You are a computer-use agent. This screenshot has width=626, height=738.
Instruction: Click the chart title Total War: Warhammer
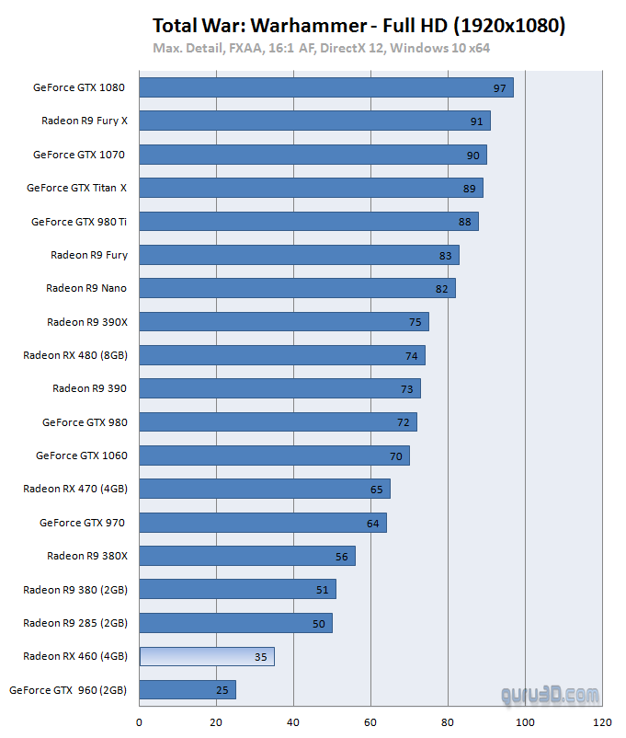tap(359, 26)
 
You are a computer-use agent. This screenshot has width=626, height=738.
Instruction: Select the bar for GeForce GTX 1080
tap(326, 87)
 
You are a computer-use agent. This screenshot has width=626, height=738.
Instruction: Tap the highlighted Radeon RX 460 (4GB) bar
tap(207, 656)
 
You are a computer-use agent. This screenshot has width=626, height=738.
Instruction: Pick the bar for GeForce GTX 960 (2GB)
tap(188, 689)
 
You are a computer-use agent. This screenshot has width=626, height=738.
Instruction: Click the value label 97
tap(500, 88)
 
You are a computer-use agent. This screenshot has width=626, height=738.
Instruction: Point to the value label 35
tap(261, 657)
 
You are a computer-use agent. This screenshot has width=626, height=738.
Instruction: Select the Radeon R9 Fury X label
tap(84, 121)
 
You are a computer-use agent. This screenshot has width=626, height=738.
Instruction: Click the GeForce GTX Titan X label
tap(76, 188)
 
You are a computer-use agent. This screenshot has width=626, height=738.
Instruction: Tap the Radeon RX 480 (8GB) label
tap(75, 355)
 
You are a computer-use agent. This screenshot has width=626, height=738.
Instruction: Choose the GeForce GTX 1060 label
tap(81, 455)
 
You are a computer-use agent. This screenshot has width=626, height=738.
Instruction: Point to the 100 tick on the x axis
tap(525, 722)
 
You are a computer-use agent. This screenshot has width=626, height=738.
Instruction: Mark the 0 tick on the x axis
tap(140, 722)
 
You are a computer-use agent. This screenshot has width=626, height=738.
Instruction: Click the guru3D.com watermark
tap(551, 697)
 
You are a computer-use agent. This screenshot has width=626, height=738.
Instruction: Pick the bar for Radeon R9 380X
tap(247, 556)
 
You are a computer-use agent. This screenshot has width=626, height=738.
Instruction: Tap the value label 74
tap(412, 356)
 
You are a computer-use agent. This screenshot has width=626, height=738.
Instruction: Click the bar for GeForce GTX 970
tap(263, 523)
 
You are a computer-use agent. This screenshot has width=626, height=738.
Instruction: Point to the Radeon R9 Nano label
tap(86, 288)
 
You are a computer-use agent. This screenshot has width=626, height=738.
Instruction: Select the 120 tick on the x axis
tap(602, 722)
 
